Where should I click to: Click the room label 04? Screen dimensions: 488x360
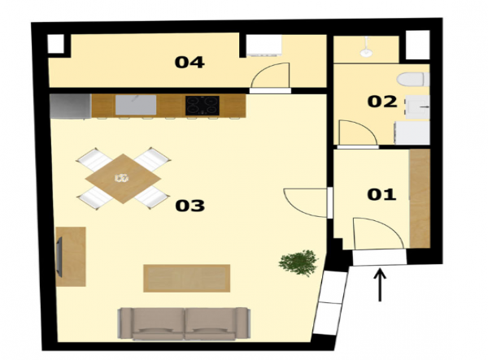tap(190, 63)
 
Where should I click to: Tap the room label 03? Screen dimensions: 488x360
tap(190, 206)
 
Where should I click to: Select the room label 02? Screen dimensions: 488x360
tap(382, 102)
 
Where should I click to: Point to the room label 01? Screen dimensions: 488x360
tap(381, 194)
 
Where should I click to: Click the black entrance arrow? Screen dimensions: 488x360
tap(380, 285)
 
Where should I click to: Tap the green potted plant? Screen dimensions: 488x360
tap(298, 262)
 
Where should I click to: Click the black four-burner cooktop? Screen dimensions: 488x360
tap(203, 106)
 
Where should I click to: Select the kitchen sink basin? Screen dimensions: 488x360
tap(136, 105)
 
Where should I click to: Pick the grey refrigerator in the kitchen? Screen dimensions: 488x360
tap(71, 106)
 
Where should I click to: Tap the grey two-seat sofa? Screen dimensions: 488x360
tap(185, 323)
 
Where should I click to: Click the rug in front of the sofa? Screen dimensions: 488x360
tap(186, 278)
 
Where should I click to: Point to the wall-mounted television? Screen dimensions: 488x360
tap(59, 257)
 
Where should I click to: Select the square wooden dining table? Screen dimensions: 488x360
tap(123, 179)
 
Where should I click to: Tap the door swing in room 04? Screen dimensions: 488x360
tap(270, 76)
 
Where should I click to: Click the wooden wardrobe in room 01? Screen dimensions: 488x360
tap(420, 198)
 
